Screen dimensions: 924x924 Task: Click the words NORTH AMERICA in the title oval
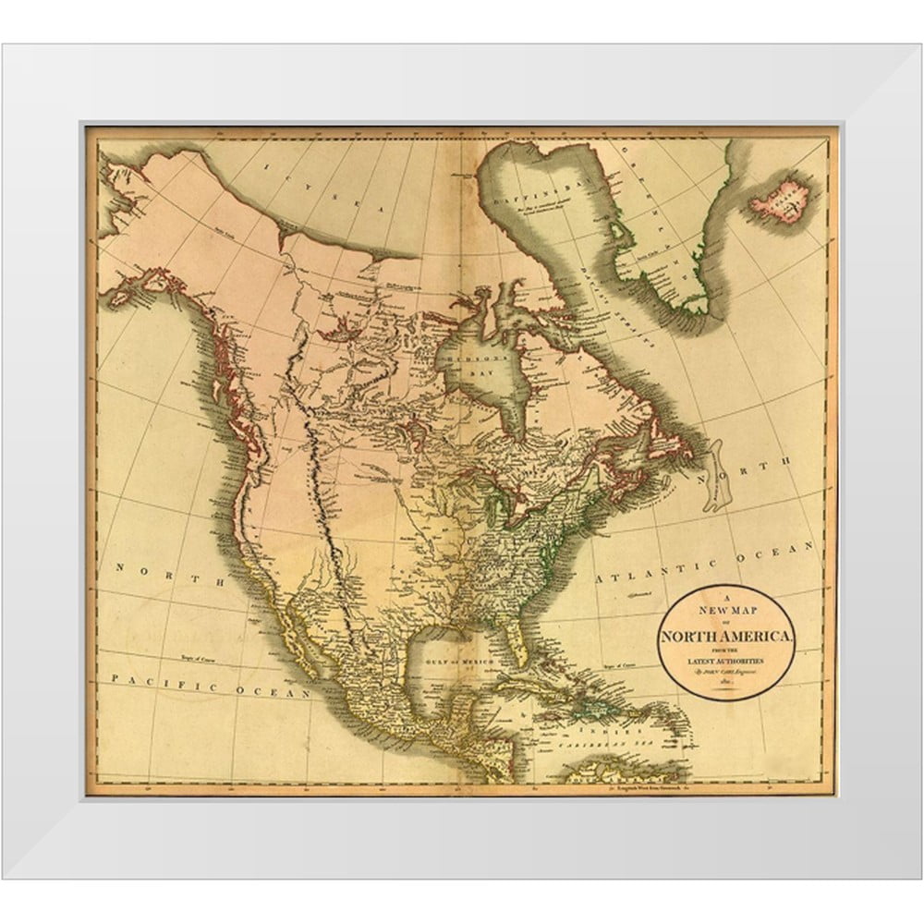(x=726, y=637)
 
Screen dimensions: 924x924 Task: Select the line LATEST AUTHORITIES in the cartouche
(x=726, y=663)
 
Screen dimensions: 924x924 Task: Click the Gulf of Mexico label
(x=450, y=662)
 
